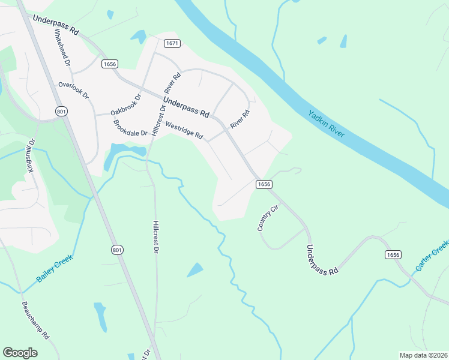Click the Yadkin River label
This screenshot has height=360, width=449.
pyautogui.click(x=327, y=123)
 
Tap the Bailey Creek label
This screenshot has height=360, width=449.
pyautogui.click(x=54, y=268)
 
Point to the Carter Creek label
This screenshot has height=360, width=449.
pyautogui.click(x=432, y=257)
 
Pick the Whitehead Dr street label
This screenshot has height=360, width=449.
pyautogui.click(x=63, y=49)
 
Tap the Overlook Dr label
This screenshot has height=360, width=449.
pyautogui.click(x=73, y=91)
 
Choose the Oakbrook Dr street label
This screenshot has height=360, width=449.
pyautogui.click(x=125, y=105)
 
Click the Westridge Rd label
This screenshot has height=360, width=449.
pyautogui.click(x=184, y=131)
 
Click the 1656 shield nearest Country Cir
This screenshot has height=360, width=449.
pyautogui.click(x=265, y=184)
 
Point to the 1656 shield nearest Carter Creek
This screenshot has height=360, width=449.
pyautogui.click(x=393, y=254)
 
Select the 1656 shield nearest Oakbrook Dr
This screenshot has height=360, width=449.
pyautogui.click(x=110, y=64)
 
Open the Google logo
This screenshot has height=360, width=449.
pyautogui.click(x=20, y=353)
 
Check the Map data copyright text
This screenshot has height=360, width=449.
pyautogui.click(x=423, y=355)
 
